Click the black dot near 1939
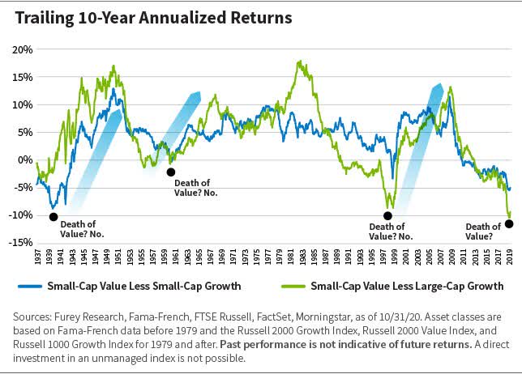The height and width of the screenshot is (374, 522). coord(53,216)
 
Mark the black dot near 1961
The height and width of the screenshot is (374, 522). coord(170,172)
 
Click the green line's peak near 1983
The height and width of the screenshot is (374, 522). coord(301,61)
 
